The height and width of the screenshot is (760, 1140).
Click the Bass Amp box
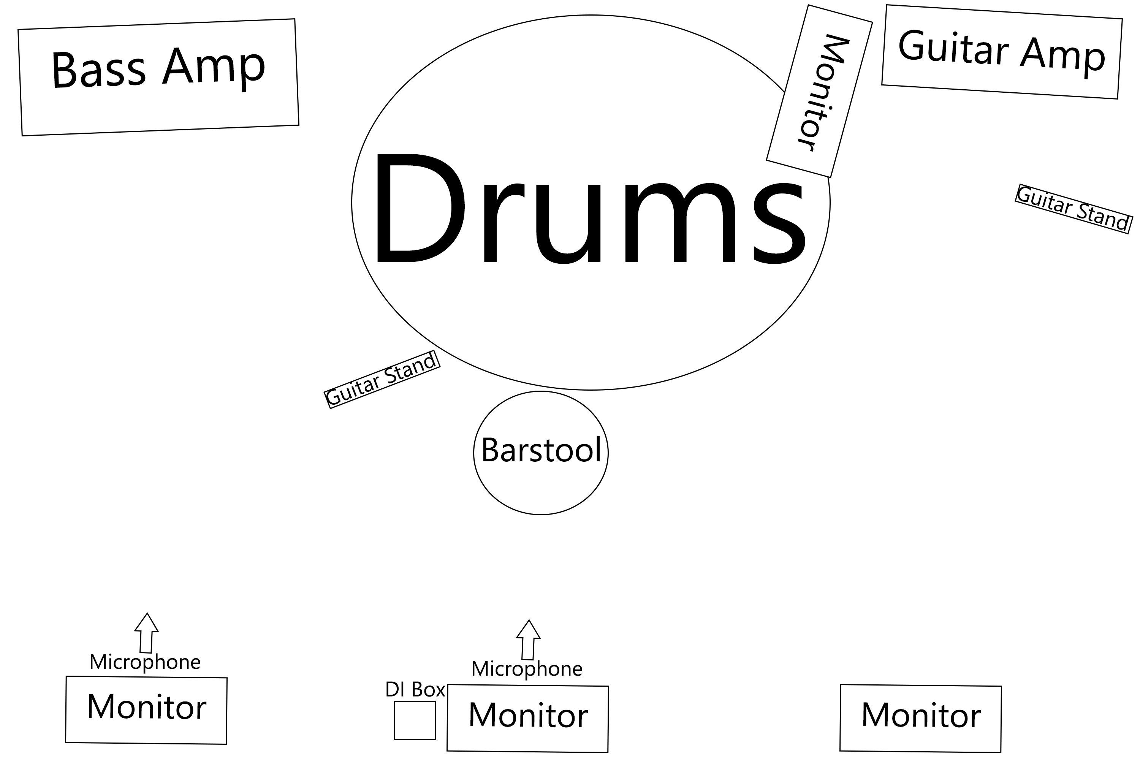point(158,78)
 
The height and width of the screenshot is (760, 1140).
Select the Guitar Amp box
point(1001,52)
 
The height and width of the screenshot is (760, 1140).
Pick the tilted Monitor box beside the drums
point(819,91)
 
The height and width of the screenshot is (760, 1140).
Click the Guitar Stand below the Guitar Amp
point(1073,209)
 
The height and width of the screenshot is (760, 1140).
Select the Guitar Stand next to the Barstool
point(382,380)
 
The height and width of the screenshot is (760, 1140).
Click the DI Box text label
point(415,689)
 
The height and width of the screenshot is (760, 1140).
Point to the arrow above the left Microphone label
point(146,633)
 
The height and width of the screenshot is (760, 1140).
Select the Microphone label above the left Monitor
point(145,662)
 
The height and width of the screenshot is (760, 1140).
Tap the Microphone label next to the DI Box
point(527,669)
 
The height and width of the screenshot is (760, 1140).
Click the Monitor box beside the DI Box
point(528,718)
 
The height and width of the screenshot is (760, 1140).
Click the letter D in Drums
point(417,208)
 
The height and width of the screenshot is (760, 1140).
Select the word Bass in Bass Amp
point(98,70)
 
